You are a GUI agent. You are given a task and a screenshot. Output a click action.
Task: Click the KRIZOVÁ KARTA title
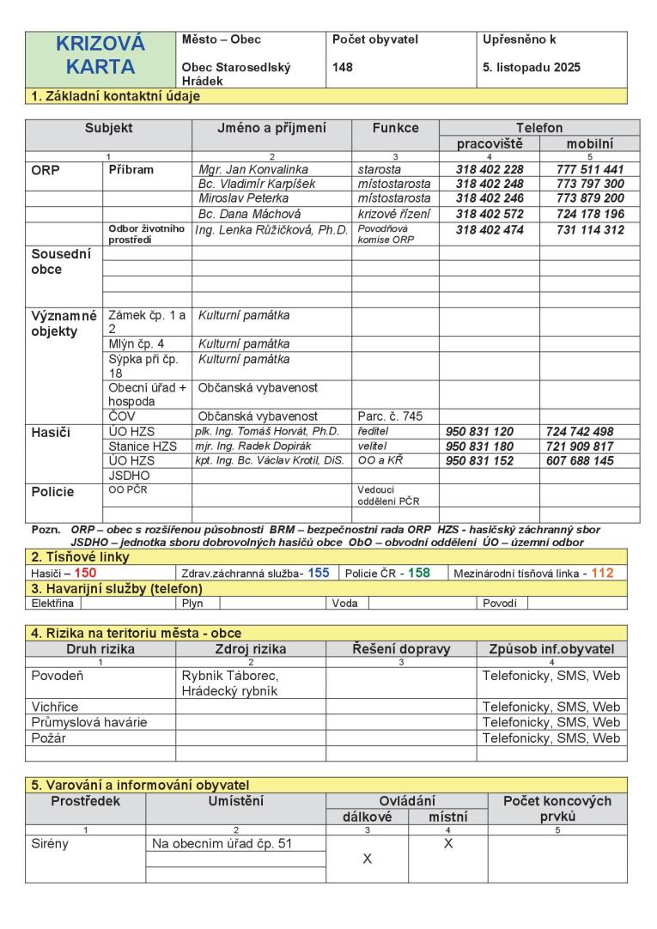click(x=100, y=55)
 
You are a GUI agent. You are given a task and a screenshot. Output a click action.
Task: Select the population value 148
click(x=343, y=67)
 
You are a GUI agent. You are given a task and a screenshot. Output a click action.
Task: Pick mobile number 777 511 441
click(x=589, y=170)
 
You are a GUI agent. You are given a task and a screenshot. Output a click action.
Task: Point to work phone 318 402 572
click(x=489, y=212)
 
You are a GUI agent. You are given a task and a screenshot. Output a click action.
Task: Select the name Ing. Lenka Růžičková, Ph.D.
click(x=271, y=229)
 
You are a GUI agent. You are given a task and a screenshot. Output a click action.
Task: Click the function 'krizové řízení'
click(x=393, y=212)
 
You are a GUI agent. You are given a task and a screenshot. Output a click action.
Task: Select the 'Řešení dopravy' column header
click(x=401, y=649)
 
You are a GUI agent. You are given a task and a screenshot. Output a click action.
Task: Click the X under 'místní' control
click(x=447, y=843)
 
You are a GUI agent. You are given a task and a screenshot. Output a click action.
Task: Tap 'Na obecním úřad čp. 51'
click(x=222, y=843)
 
